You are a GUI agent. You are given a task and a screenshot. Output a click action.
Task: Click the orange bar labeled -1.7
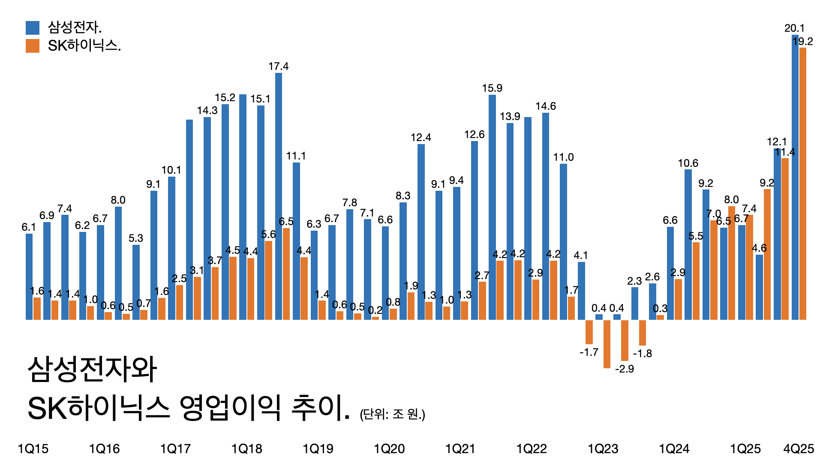pos(589,332)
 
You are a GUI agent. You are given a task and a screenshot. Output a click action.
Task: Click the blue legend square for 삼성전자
pos(33,28)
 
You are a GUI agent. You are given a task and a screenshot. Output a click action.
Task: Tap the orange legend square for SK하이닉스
pos(33,46)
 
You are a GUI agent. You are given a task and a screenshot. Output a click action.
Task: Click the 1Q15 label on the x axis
pos(33,449)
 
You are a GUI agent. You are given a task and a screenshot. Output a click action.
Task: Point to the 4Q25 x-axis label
pos(799,449)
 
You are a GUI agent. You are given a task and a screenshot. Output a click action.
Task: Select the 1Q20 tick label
pos(389,449)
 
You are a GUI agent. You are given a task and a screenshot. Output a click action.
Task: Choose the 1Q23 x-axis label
pos(603,449)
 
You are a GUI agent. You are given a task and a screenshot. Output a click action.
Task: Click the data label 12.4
pos(421,138)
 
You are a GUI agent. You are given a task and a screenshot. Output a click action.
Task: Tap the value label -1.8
pos(643,354)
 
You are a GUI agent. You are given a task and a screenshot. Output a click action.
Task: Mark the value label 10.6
pos(688,163)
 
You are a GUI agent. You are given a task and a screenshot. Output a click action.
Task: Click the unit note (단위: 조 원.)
pos(393,414)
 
